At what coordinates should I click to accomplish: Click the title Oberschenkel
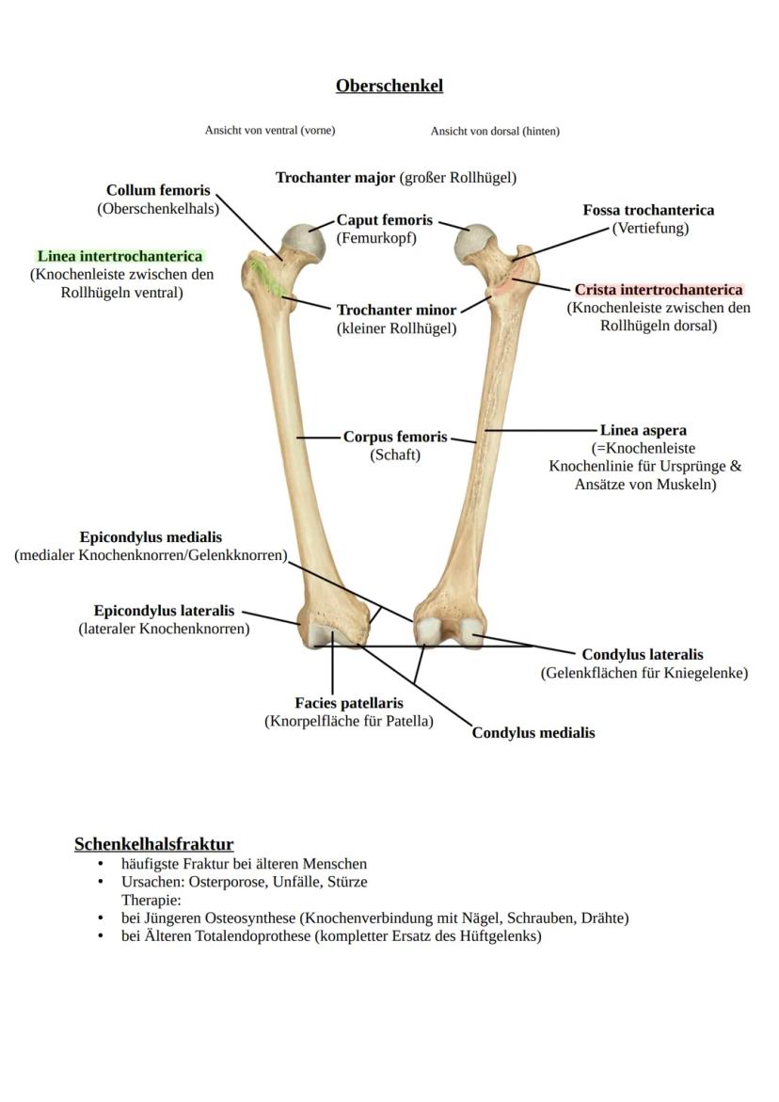pos(389,86)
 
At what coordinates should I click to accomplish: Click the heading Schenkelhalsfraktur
pos(153,844)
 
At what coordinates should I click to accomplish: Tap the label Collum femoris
pos(158,191)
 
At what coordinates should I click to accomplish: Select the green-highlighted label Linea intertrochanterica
pos(119,256)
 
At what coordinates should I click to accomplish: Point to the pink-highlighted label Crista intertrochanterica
pos(659,290)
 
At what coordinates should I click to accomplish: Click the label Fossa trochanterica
pos(648,210)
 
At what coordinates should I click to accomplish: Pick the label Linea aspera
pos(644,431)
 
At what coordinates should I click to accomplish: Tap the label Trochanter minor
pos(396,310)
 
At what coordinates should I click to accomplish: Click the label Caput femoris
pos(385,220)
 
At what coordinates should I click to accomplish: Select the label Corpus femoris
pos(395,438)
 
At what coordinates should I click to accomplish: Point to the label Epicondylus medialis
pos(151,537)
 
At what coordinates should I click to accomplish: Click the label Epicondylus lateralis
pos(164,611)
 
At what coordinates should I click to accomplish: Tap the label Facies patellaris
pos(349,703)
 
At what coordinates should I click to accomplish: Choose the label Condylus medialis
pos(533,733)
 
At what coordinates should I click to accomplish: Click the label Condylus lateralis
pos(643,655)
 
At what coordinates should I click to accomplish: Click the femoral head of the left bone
pos(303,242)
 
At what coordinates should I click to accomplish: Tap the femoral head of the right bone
pos(474,243)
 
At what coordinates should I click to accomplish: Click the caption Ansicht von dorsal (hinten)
pos(495,131)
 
